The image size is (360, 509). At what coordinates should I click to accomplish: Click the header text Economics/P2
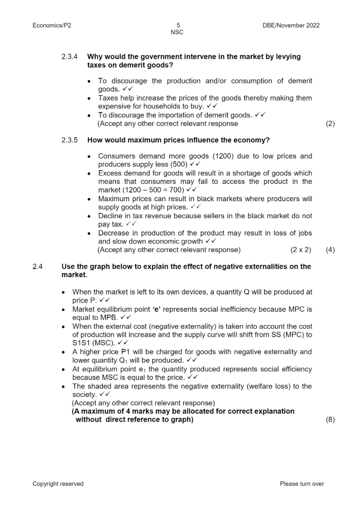(x=52, y=26)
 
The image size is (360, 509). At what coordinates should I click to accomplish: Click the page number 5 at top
(x=177, y=26)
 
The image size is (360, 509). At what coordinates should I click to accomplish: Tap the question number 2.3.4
(x=70, y=57)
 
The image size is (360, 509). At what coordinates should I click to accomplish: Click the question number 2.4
(x=38, y=267)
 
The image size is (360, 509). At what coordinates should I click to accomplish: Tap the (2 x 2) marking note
(x=301, y=250)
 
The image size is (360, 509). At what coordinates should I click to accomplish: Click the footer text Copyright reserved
(x=58, y=484)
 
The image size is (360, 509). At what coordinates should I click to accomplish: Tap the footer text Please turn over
(x=302, y=484)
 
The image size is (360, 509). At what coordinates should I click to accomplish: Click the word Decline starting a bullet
(x=110, y=216)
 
